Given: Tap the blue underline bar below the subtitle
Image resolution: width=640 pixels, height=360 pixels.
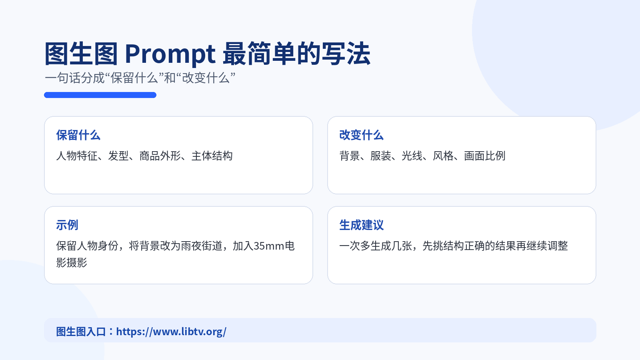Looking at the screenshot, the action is click(x=100, y=95).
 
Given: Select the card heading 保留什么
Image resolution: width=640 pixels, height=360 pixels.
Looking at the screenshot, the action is click(x=78, y=135).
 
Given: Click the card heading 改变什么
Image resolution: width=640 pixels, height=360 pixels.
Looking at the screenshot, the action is click(x=362, y=135).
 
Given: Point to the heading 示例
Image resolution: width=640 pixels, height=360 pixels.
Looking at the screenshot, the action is click(x=67, y=225).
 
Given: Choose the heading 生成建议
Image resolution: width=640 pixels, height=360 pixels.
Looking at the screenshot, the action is click(x=362, y=225).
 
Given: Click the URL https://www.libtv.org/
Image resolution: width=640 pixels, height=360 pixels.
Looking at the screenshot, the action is click(x=171, y=332).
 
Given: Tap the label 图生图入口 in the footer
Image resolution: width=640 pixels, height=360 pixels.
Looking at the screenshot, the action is click(x=81, y=332).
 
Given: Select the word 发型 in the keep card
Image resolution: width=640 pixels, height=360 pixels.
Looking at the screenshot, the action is click(x=118, y=156).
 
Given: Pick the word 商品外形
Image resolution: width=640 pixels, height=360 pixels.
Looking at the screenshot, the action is click(x=160, y=156).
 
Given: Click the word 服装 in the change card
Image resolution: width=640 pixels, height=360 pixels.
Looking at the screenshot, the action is click(x=380, y=156).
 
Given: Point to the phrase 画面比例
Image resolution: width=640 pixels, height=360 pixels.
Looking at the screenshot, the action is click(x=484, y=156).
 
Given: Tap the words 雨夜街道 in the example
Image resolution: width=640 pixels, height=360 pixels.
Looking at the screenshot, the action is click(x=202, y=246).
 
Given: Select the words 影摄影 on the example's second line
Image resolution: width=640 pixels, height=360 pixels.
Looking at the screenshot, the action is click(x=72, y=262).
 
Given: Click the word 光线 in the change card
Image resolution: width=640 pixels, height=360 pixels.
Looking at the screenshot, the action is click(x=412, y=156).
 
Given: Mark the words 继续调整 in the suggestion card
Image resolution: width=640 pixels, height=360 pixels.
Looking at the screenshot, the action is click(x=547, y=246).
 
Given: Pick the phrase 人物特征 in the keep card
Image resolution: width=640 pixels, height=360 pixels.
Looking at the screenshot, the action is click(x=77, y=156).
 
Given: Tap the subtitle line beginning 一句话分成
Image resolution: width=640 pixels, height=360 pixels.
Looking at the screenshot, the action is click(x=140, y=78).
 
